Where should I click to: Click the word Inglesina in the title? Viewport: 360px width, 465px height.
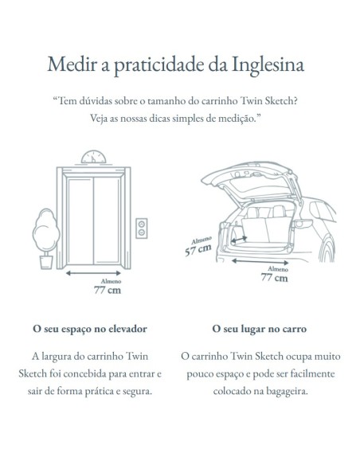pyautogui.click(x=268, y=64)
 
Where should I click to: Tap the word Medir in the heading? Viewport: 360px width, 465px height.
pyautogui.click(x=72, y=64)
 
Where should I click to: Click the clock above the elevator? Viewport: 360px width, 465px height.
pyautogui.click(x=93, y=158)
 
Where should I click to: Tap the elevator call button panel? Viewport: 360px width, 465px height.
pyautogui.click(x=142, y=229)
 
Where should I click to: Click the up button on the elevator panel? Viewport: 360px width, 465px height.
pyautogui.click(x=142, y=224)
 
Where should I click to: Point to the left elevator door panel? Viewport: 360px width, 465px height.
pyautogui.click(x=80, y=221)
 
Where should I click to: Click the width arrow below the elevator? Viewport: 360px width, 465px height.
pyautogui.click(x=93, y=273)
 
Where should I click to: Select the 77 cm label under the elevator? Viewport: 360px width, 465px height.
pyautogui.click(x=108, y=290)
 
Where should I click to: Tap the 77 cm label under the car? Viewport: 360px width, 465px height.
pyautogui.click(x=274, y=278)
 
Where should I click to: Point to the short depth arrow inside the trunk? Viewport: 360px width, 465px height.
pyautogui.click(x=239, y=239)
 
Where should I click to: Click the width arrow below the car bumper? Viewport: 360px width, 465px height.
pyautogui.click(x=260, y=262)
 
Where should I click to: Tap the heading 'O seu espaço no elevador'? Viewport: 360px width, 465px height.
pyautogui.click(x=90, y=329)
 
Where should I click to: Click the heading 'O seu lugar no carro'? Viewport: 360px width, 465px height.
pyautogui.click(x=259, y=329)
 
